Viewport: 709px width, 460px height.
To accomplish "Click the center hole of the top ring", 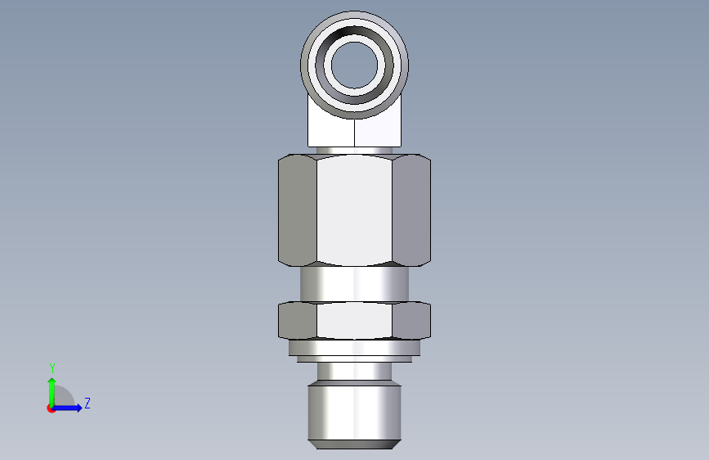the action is [x=355, y=65].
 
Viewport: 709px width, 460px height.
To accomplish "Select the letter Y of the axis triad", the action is [x=52, y=368].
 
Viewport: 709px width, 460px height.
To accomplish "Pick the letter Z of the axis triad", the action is [x=88, y=403].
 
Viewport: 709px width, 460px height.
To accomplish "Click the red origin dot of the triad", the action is [x=51, y=408].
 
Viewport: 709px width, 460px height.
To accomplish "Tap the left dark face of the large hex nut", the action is [x=298, y=210].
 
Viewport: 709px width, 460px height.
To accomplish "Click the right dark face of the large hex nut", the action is [x=411, y=210].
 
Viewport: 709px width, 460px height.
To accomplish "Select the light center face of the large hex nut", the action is [x=355, y=210].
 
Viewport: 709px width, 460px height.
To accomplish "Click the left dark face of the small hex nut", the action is [x=298, y=321].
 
